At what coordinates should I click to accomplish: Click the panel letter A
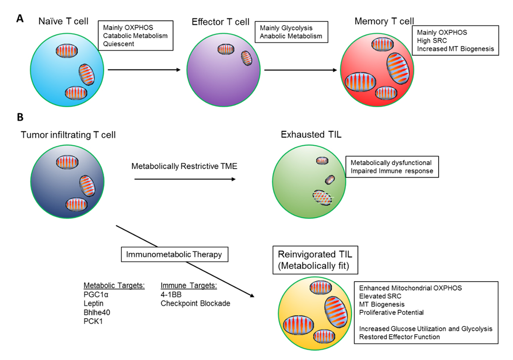pyautogui.click(x=20, y=18)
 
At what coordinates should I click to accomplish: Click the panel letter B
pyautogui.click(x=20, y=117)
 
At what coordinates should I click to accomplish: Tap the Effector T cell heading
pyautogui.click(x=221, y=22)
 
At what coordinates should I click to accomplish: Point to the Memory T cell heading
pyautogui.click(x=384, y=21)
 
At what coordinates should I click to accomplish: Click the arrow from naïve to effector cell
pyautogui.click(x=144, y=70)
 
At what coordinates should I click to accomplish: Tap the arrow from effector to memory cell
pyautogui.click(x=302, y=70)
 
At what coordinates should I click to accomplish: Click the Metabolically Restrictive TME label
pyautogui.click(x=184, y=166)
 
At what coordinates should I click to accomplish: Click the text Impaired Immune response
pyautogui.click(x=391, y=172)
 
